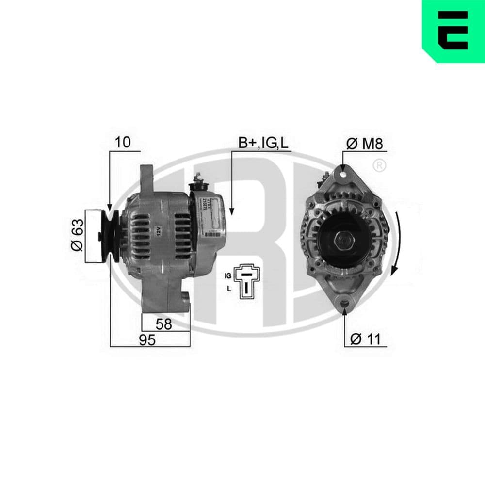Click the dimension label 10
click(x=123, y=142)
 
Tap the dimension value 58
click(x=164, y=324)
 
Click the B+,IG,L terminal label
click(x=263, y=143)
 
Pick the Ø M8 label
click(x=365, y=143)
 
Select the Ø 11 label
click(x=364, y=339)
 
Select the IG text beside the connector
click(x=227, y=275)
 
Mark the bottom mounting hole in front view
click(x=345, y=304)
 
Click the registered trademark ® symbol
click(x=380, y=165)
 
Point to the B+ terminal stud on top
click(x=197, y=181)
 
